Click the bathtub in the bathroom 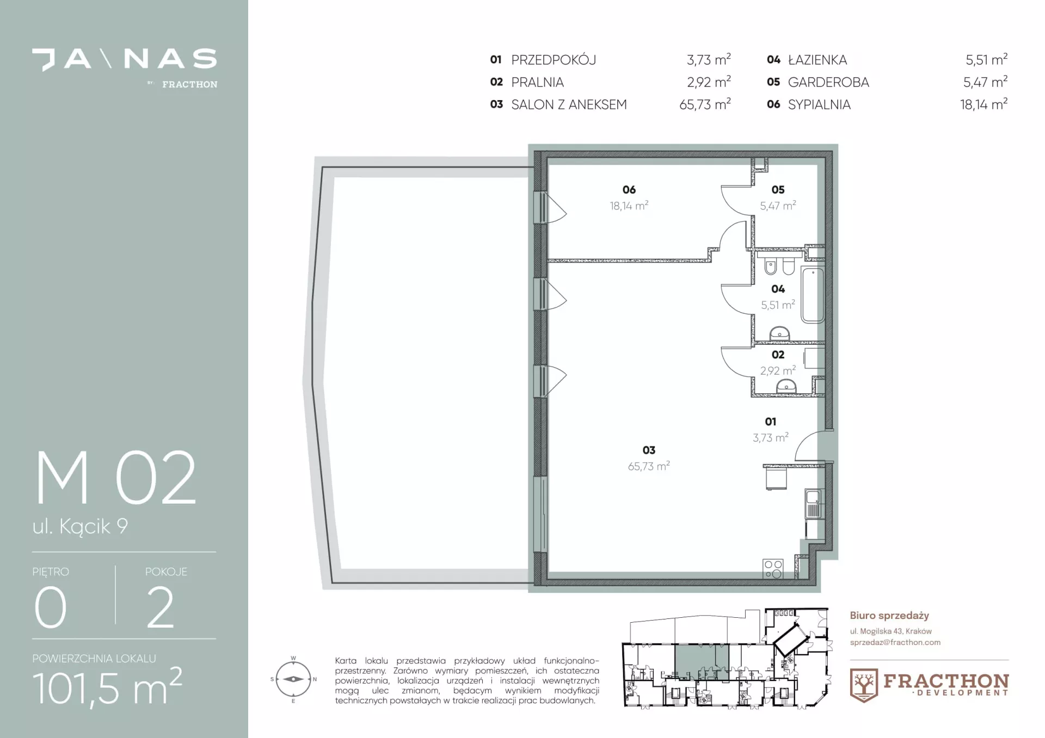813,294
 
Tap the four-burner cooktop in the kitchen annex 773,569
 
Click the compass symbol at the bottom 293,679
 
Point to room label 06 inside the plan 629,190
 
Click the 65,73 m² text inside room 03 649,466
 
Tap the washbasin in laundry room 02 785,386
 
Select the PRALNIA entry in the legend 537,82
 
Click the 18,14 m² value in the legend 983,104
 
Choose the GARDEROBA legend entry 828,82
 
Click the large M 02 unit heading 115,478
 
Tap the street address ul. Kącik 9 80,526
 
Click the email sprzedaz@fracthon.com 895,642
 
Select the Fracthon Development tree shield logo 864,685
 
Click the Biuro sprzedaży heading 889,616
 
